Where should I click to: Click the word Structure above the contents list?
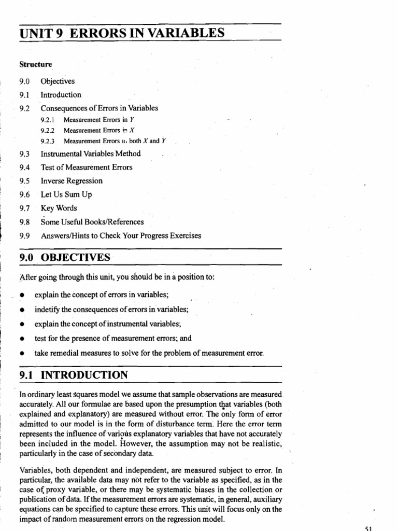tap(36, 64)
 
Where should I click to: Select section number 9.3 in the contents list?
tap(23, 154)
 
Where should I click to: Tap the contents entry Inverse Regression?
tap(72, 181)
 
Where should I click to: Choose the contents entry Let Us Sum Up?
tap(66, 194)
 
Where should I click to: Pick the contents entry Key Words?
tap(59, 208)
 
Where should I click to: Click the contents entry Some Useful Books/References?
tap(92, 222)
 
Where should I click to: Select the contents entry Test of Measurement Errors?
tap(87, 167)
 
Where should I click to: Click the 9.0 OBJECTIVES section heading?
tap(64, 258)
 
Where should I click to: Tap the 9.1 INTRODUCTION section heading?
tap(72, 374)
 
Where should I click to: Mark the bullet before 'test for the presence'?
tap(22, 339)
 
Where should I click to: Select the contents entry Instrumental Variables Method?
tap(91, 154)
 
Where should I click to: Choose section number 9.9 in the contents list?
tap(23, 235)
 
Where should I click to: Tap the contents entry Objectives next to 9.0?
tap(58, 81)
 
